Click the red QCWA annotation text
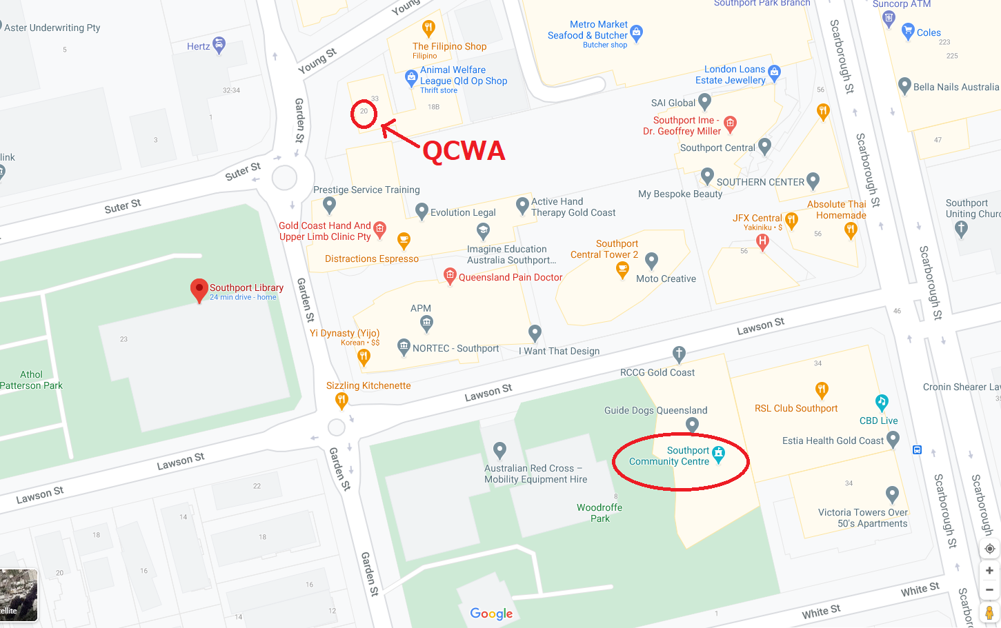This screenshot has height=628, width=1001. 464,150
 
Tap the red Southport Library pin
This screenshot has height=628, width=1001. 199,289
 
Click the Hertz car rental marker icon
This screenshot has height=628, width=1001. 219,45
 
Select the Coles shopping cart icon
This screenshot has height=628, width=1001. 908,30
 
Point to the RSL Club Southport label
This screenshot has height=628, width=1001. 795,408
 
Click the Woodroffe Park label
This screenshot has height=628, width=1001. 599,513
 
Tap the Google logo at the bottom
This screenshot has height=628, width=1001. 491,614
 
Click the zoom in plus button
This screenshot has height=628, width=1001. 989,570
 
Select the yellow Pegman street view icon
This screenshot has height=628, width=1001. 989,612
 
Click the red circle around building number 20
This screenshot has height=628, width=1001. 364,114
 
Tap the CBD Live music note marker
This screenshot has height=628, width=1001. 881,402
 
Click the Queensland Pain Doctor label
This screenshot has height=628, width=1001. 511,277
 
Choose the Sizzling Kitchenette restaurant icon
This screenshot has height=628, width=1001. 341,399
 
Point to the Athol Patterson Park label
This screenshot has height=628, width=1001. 31,380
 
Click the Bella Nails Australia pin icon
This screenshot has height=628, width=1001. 904,85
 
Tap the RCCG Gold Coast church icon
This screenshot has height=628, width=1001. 679,354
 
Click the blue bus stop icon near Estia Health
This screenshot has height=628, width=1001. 917,449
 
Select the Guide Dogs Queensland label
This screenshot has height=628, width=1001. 655,410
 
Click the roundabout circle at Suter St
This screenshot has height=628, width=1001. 284,177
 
